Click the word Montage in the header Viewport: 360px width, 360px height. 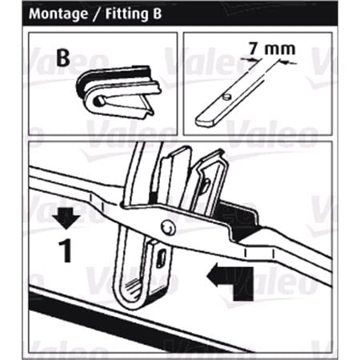58,14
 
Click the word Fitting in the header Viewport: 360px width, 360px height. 127,14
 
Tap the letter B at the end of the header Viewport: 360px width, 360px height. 157,14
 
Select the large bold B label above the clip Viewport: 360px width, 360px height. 63,58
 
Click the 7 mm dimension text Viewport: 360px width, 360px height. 272,49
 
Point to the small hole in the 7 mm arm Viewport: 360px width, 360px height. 226,97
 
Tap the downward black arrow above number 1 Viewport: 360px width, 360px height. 66,218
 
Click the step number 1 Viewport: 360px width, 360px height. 65,250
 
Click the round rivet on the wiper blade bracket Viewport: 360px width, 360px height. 168,227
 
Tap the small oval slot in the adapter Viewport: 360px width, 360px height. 161,258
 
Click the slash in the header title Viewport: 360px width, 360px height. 97,14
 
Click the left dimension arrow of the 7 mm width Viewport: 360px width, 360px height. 246,59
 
